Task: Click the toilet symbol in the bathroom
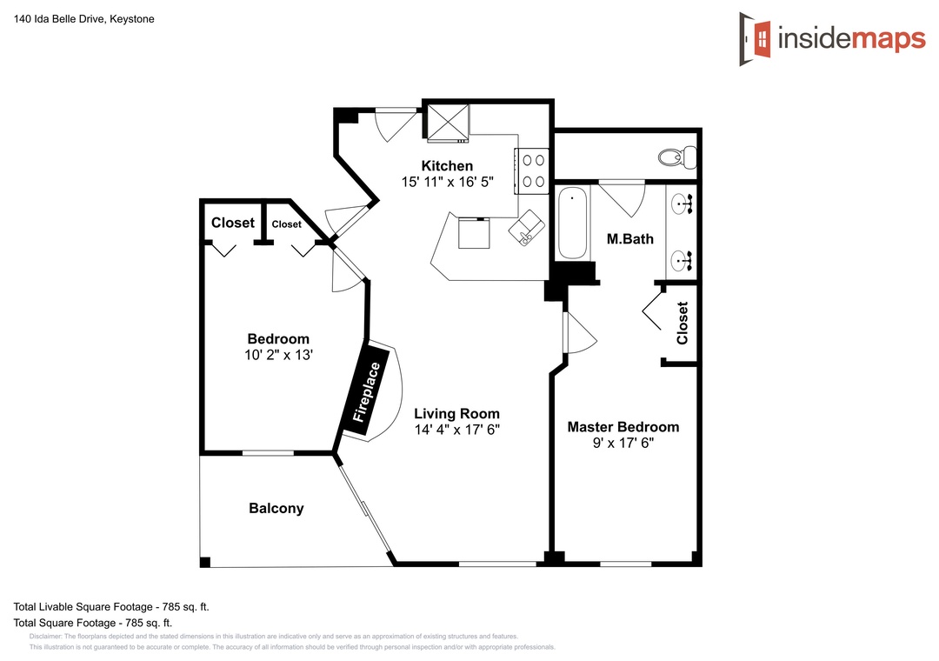pos(677,157)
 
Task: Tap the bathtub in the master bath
pos(573,223)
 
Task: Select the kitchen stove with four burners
pos(532,170)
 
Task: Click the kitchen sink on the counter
pos(526,228)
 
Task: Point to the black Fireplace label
pos(366,392)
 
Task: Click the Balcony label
pos(276,508)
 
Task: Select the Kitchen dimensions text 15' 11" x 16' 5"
pos(448,182)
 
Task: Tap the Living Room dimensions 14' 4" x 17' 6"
pos(457,430)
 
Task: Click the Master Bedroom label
pos(623,427)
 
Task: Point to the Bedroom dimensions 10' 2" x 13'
pos(278,355)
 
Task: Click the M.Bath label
pos(630,239)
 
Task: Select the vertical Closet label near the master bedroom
pos(683,323)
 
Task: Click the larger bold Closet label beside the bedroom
pos(233,223)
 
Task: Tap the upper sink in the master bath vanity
pos(682,204)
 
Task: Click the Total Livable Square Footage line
pos(111,607)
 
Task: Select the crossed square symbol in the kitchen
pos(448,123)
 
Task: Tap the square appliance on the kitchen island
pos(475,233)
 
